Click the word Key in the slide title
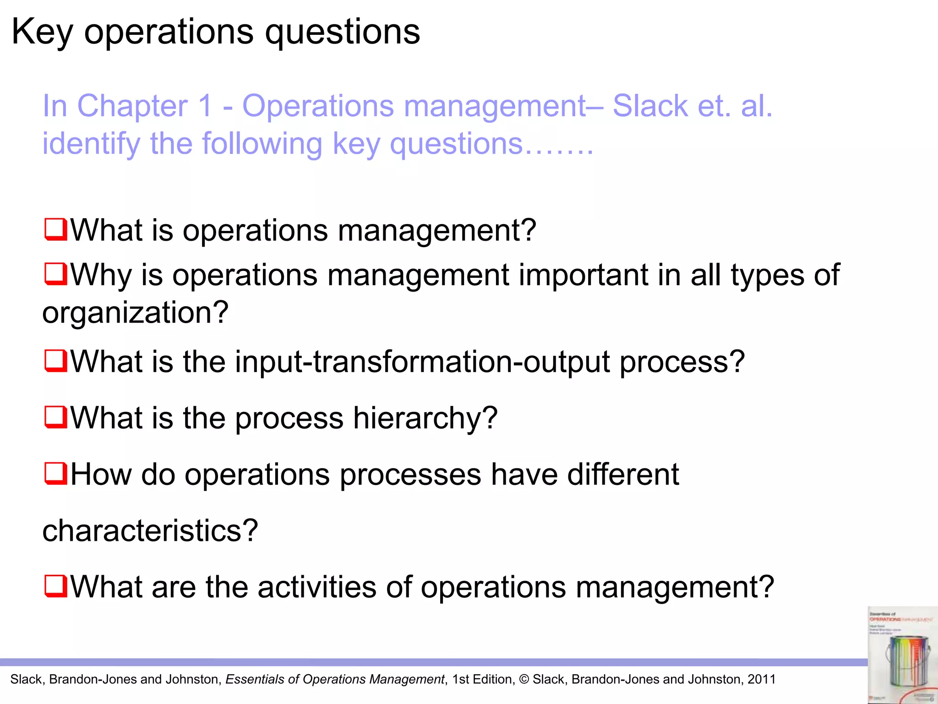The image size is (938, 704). pos(42,32)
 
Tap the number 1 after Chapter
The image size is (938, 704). pos(205,106)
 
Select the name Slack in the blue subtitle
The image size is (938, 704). pos(650,106)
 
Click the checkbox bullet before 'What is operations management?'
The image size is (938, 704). pos(56,230)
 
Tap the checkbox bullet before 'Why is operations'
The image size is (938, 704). pos(56,274)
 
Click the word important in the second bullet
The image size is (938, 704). pos(583,275)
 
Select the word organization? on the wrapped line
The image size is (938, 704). pos(135,313)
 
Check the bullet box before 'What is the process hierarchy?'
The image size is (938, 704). pos(56,417)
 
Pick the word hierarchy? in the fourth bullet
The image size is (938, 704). pos(425,418)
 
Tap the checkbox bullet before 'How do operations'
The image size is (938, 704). pos(56,473)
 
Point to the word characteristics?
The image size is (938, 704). pos(150,531)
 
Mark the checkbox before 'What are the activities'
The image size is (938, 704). pos(56,586)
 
